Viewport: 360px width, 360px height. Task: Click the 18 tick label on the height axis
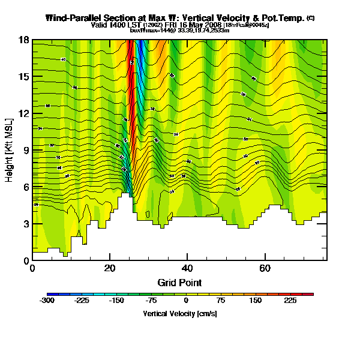click(x=25, y=40)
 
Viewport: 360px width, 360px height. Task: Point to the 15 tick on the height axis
click(x=25, y=77)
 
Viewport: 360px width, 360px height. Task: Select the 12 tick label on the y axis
click(x=25, y=114)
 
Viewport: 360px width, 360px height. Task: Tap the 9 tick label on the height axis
click(x=26, y=151)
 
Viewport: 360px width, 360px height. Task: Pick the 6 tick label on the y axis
click(x=26, y=187)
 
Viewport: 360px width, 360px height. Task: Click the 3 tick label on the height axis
click(x=26, y=224)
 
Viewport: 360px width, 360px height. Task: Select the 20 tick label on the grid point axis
click(x=109, y=268)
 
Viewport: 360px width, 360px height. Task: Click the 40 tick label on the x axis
click(x=187, y=268)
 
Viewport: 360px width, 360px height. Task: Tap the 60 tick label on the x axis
click(x=264, y=268)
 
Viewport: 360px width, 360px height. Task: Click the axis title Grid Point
click(x=179, y=282)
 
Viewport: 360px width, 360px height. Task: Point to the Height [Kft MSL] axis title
click(x=10, y=150)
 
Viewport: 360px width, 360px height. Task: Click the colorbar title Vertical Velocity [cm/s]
click(x=179, y=313)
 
